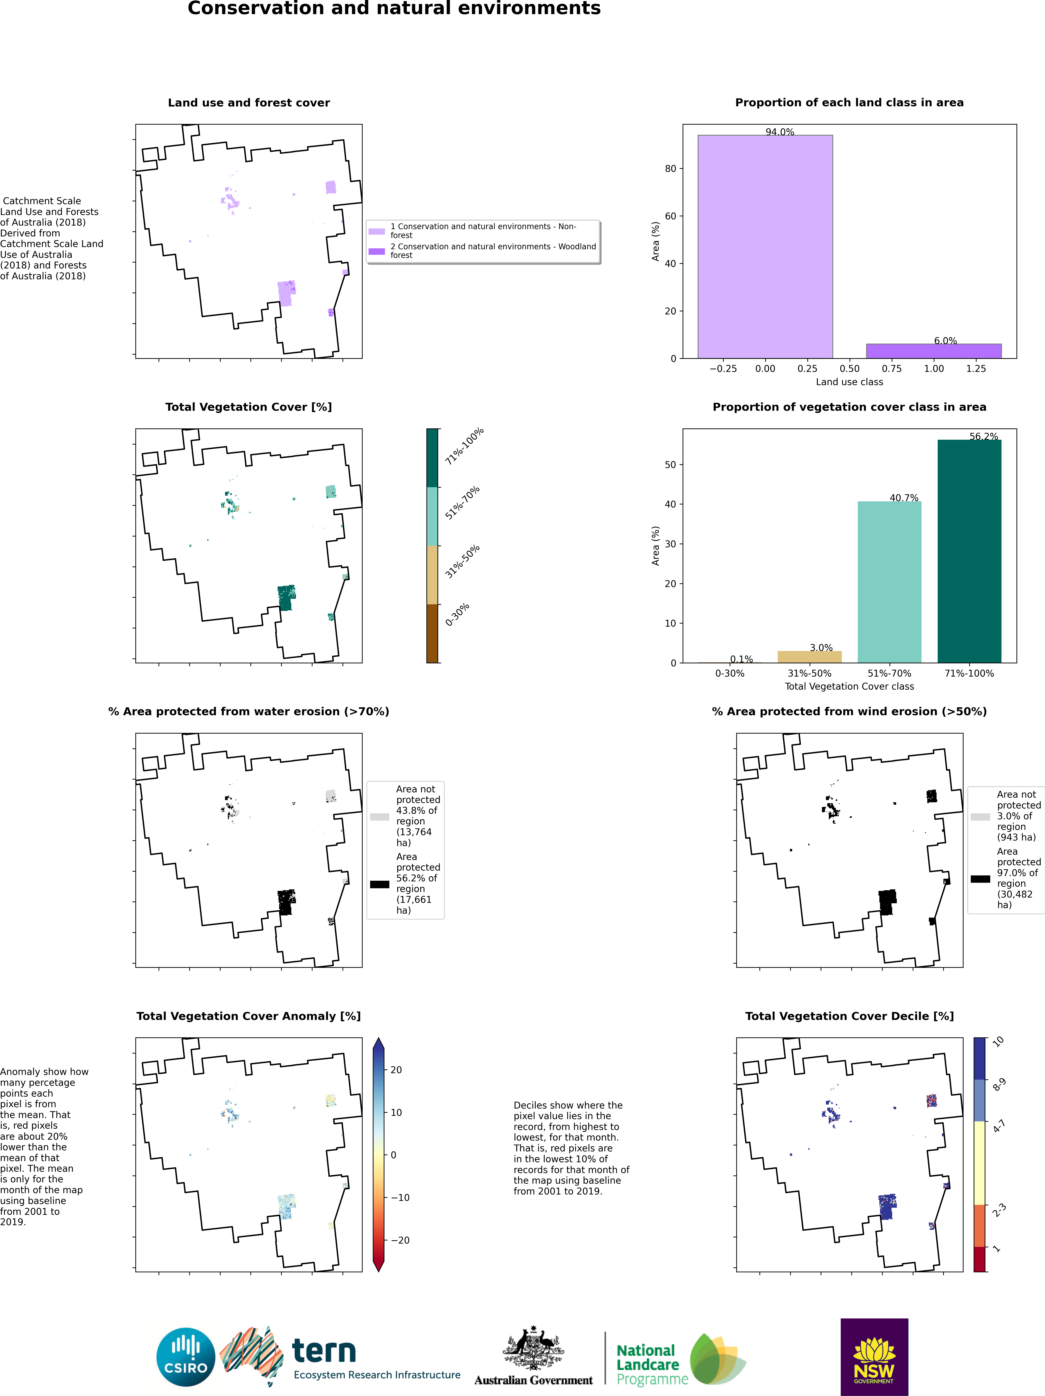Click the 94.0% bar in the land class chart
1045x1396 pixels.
pyautogui.click(x=765, y=247)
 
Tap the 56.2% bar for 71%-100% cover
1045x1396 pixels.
pyautogui.click(x=969, y=551)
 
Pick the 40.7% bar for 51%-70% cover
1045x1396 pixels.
pyautogui.click(x=889, y=582)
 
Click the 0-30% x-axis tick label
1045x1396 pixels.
pyautogui.click(x=730, y=673)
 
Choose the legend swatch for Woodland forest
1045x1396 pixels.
pyautogui.click(x=377, y=251)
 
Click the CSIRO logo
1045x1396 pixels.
pyautogui.click(x=186, y=1357)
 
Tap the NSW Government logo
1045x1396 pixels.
pyautogui.click(x=874, y=1357)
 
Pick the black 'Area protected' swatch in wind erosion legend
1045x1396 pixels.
pyautogui.click(x=980, y=879)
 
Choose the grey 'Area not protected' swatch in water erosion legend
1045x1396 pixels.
pyautogui.click(x=380, y=817)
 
